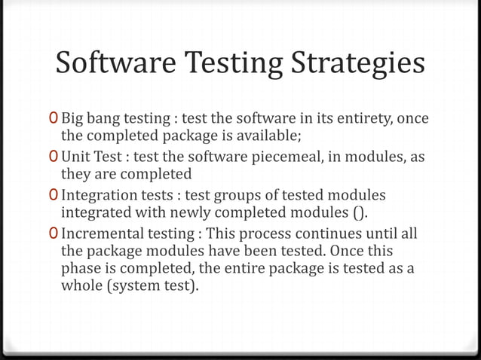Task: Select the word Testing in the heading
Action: point(228,66)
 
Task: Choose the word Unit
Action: point(75,156)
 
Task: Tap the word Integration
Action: point(97,194)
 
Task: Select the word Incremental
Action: point(102,232)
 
